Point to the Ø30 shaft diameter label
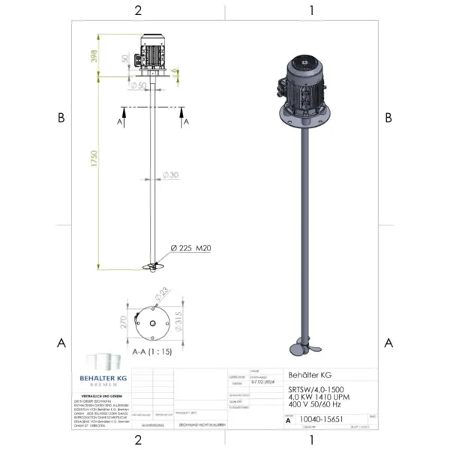point(172,175)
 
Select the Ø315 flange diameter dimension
point(178,322)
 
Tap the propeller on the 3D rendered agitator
point(306,352)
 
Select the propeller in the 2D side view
point(153,267)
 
